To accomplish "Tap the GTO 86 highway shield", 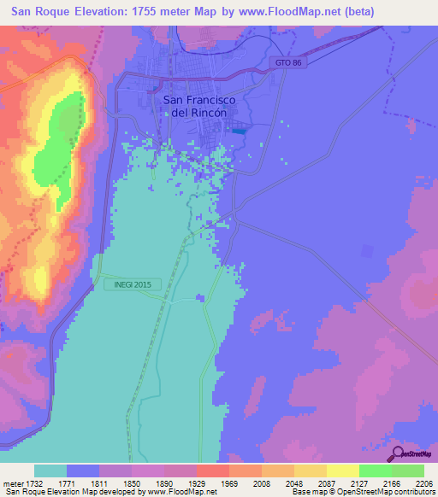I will click(288, 63).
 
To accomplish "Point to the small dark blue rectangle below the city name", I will click(239, 130).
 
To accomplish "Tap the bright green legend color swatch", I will click(376, 471).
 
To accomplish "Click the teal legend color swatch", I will click(50, 471).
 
